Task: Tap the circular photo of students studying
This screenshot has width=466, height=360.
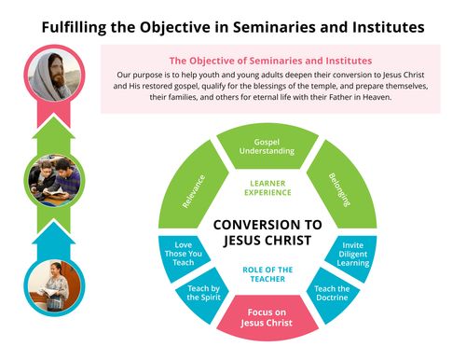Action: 50,180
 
